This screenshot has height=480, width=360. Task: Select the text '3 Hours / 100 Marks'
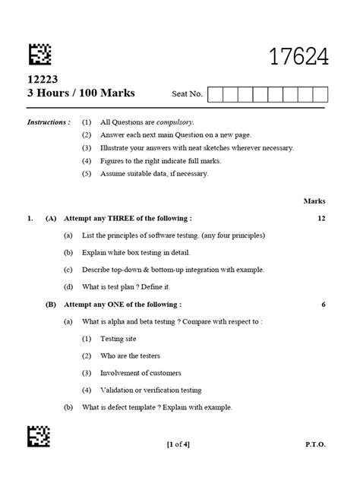[81, 93]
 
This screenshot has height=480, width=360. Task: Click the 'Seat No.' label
[188, 95]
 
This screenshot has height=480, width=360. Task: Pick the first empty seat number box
[214, 94]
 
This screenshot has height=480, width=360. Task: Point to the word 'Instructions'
[49, 122]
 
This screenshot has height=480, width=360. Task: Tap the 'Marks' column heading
[314, 201]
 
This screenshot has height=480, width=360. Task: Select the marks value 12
[321, 218]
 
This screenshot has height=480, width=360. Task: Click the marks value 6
[324, 304]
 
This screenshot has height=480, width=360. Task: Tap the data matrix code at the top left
[40, 54]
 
